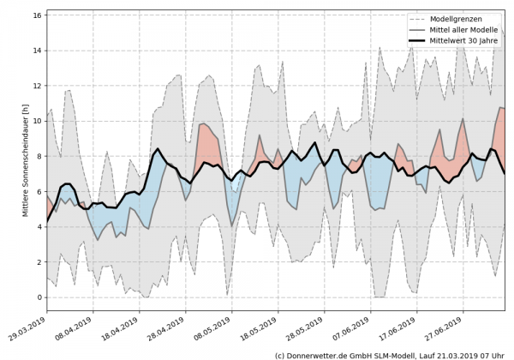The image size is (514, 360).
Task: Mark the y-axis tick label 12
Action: (x=37, y=86)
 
